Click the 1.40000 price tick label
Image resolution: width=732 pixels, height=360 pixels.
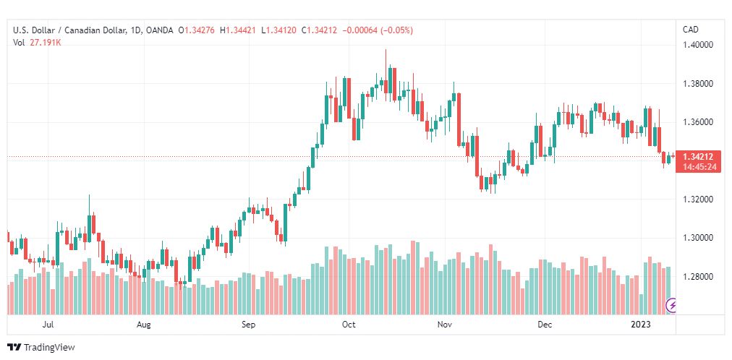click(x=699, y=45)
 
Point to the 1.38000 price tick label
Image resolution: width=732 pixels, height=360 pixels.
click(x=699, y=84)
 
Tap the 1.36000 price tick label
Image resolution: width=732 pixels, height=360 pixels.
click(x=699, y=122)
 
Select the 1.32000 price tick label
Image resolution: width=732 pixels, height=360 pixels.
click(x=699, y=200)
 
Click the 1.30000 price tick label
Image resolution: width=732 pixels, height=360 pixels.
click(x=699, y=238)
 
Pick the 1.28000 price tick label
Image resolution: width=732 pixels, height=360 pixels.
click(x=699, y=277)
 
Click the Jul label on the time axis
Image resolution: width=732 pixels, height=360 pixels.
click(x=48, y=325)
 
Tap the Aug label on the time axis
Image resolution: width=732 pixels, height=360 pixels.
click(x=144, y=325)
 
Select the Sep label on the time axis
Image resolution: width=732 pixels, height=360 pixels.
click(x=249, y=325)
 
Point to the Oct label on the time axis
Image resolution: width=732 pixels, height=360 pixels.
click(x=349, y=325)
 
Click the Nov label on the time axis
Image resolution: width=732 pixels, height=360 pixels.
click(x=445, y=325)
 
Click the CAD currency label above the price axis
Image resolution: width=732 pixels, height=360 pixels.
click(x=691, y=30)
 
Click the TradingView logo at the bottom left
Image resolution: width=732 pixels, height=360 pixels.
click(x=41, y=348)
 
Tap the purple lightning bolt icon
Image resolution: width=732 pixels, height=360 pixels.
click(x=673, y=306)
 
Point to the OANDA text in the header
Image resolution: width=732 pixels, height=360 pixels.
click(x=159, y=30)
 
